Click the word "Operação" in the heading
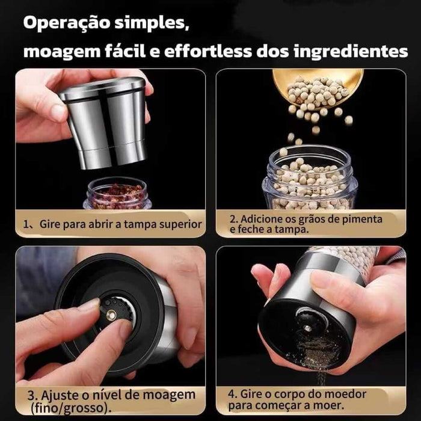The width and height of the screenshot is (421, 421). [x=67, y=23]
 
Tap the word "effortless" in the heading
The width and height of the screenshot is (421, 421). [x=208, y=51]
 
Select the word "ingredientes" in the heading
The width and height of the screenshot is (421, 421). [x=351, y=52]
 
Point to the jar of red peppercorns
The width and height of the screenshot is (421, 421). [x=117, y=193]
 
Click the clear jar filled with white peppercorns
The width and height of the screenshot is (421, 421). [x=310, y=177]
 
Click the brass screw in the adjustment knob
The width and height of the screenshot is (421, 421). [x=111, y=315]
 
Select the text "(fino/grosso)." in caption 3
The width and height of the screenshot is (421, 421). [x=71, y=408]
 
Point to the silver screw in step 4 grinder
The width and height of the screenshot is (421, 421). [x=307, y=328]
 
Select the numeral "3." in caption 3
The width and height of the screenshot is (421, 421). [x=32, y=396]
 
